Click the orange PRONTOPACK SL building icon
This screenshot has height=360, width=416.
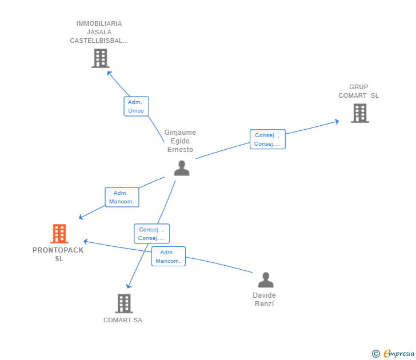coord(59,234)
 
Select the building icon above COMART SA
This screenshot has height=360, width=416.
coord(124,303)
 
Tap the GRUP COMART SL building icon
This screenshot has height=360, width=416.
coord(360,113)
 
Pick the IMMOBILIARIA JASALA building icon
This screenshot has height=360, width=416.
coord(101,58)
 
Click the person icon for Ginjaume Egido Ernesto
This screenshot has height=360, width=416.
coord(182,168)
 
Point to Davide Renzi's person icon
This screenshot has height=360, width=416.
coord(266,280)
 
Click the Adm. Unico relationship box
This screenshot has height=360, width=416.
coord(137,106)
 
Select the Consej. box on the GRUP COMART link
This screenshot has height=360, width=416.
coord(267,139)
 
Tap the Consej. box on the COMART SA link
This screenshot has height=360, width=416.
coord(152,234)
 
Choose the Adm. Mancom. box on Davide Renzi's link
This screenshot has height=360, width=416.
coord(169,256)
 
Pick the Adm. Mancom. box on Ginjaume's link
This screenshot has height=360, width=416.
coord(122,197)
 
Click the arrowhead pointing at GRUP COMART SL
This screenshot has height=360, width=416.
coord(337,122)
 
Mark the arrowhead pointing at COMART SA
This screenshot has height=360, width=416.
coord(129,286)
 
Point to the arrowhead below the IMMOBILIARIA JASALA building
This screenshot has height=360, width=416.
coord(109,73)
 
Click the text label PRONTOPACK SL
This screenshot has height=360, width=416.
coord(58,254)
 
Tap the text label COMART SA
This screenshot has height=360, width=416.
coord(123,320)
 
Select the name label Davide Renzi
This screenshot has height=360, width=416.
coord(264,299)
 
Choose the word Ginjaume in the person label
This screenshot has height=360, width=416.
coord(180,133)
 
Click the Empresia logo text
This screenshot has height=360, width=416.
coord(398,354)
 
